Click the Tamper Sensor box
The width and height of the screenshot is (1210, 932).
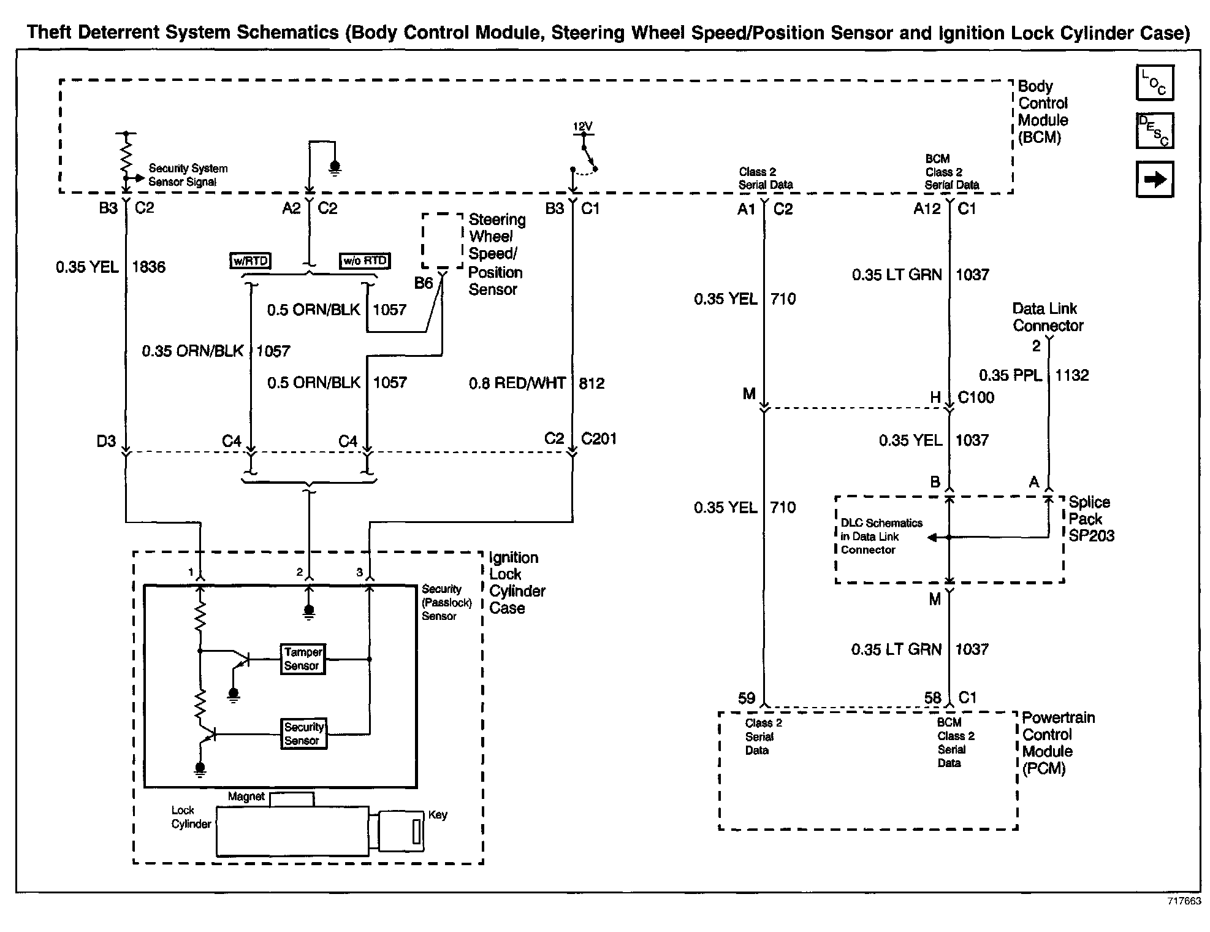302,659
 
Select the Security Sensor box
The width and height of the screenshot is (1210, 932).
303,733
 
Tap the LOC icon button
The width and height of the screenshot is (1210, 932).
1155,83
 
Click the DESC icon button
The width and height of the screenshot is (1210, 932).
1155,131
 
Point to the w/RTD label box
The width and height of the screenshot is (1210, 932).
251,261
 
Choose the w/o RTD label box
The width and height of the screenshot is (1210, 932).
365,261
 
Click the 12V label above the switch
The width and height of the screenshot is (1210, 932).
582,127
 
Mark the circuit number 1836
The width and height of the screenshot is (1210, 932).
149,267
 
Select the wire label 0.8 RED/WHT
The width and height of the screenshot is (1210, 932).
517,384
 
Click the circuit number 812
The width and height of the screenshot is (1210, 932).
592,384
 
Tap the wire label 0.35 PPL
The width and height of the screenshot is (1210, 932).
1010,375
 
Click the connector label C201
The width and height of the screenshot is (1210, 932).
599,439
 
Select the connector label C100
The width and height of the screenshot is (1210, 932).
976,398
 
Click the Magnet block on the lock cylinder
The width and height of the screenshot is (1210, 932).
292,799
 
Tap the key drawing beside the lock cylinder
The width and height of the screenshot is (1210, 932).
401,831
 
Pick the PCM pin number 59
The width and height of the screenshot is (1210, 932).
746,698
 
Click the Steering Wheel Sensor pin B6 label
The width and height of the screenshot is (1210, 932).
424,283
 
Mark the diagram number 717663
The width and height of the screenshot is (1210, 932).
1184,901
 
